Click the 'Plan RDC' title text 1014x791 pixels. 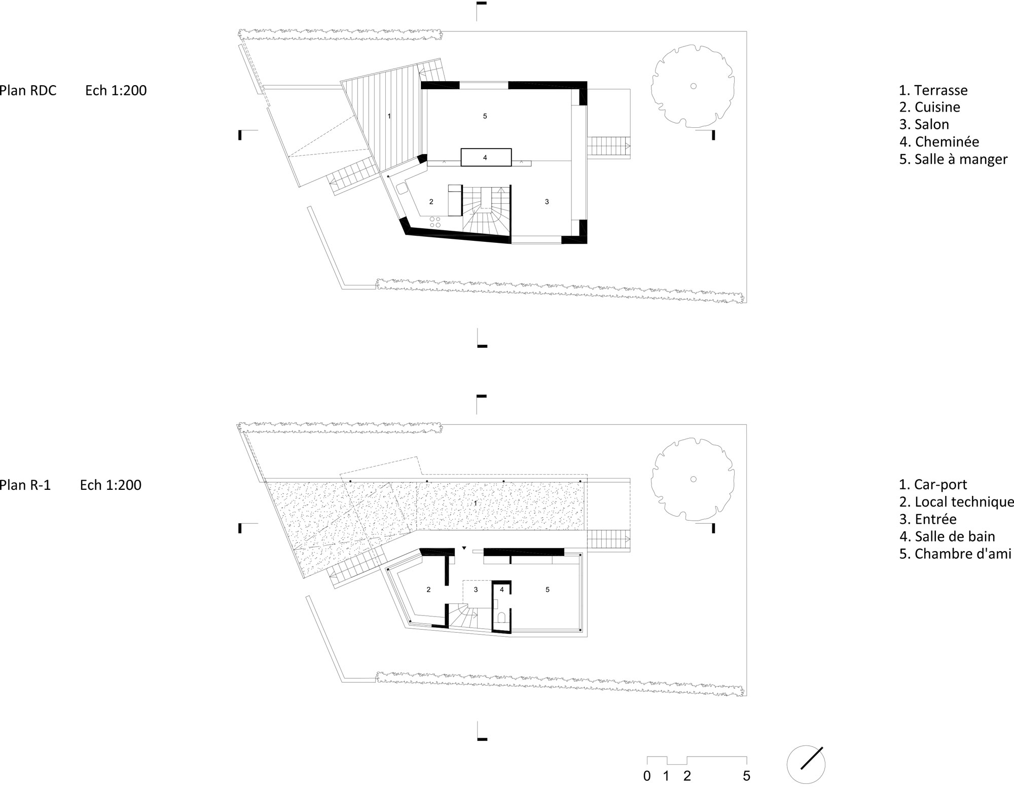(28, 90)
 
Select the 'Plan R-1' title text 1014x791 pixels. (25, 485)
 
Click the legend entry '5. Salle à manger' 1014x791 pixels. (953, 159)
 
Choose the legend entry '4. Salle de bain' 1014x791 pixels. (947, 536)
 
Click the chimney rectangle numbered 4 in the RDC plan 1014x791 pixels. (486, 157)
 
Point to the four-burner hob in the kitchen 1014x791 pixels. (435, 222)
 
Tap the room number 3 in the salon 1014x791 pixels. (547, 202)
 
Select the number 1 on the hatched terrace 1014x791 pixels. (389, 116)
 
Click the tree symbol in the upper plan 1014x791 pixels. (693, 86)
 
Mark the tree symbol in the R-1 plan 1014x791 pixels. (693, 479)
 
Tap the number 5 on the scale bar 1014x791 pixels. (746, 776)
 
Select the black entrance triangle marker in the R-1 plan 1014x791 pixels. (464, 548)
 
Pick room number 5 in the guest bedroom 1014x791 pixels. (547, 590)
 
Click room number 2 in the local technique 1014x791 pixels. (428, 590)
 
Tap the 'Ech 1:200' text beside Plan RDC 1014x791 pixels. (116, 90)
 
